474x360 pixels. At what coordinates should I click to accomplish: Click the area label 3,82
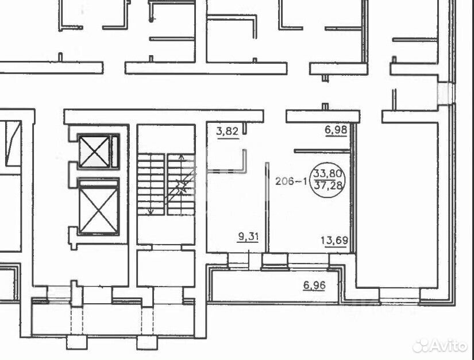(x=228, y=131)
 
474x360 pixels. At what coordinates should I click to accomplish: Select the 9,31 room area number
(x=248, y=237)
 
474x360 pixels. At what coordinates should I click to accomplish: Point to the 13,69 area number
(x=334, y=241)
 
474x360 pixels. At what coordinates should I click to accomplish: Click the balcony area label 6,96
(x=314, y=285)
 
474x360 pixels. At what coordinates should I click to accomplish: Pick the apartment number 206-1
(x=291, y=181)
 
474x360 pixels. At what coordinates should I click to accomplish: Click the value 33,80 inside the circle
(x=328, y=173)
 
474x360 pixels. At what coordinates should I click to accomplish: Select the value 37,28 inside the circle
(x=329, y=185)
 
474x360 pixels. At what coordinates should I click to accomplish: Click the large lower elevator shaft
(x=99, y=207)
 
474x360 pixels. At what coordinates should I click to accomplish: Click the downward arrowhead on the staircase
(x=150, y=212)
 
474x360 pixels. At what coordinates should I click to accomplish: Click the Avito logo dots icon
(x=421, y=346)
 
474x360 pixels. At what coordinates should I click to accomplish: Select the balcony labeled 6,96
(x=275, y=285)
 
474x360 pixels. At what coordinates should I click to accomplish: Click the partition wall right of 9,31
(x=267, y=207)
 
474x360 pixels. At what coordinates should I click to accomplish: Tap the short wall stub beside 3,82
(x=245, y=128)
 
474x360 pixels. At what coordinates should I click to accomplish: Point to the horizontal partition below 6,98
(x=322, y=150)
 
